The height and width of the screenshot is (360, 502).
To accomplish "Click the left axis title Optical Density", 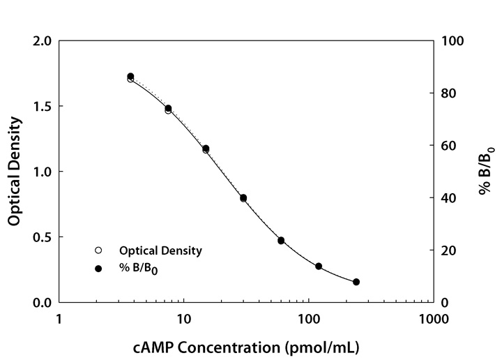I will pyautogui.click(x=14, y=172).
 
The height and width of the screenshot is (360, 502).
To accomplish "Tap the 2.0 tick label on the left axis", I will pyautogui.click(x=43, y=41).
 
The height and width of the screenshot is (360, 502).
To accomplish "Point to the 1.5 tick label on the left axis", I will pyautogui.click(x=43, y=107).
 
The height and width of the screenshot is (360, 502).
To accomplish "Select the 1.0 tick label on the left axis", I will pyautogui.click(x=43, y=172).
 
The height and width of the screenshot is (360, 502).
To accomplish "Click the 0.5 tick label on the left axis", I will pyautogui.click(x=43, y=237).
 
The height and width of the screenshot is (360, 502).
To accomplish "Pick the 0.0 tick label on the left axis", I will pyautogui.click(x=43, y=303).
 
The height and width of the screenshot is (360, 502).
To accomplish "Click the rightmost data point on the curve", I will pyautogui.click(x=356, y=282).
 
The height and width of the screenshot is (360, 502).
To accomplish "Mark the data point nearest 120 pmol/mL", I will pyautogui.click(x=319, y=267).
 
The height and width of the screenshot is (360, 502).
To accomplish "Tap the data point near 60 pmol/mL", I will pyautogui.click(x=281, y=241).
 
